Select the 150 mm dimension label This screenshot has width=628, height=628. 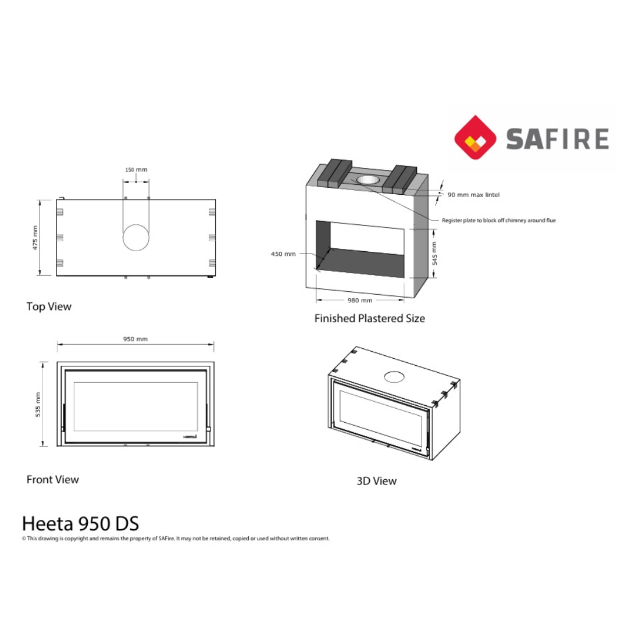[136, 170]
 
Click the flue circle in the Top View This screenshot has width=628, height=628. [136, 237]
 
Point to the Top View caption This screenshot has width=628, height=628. [49, 306]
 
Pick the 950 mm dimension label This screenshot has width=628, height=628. [135, 339]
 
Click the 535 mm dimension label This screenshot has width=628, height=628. [38, 404]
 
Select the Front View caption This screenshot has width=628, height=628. [52, 480]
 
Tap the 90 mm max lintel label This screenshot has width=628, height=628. [473, 195]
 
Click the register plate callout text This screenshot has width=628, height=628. [498, 220]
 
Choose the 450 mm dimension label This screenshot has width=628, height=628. [283, 254]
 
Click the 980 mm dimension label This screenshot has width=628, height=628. [360, 301]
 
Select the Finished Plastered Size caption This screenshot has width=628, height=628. [369, 319]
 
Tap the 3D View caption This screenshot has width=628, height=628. [376, 481]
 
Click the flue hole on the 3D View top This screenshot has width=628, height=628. [395, 377]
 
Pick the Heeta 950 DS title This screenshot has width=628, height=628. [80, 523]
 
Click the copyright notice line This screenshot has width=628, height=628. [176, 538]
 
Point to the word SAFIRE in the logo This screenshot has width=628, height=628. [557, 140]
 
